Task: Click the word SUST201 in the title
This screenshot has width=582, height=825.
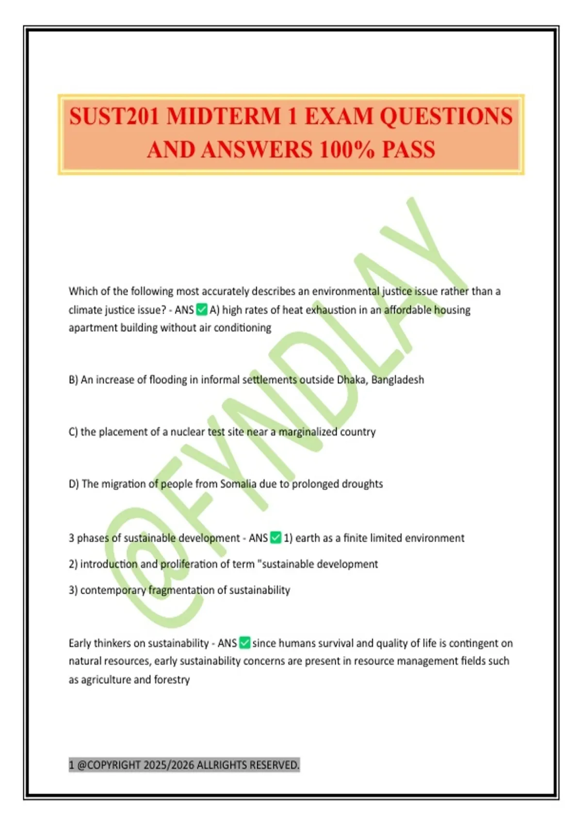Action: (114, 117)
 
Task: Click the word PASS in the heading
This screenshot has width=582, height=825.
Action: (408, 149)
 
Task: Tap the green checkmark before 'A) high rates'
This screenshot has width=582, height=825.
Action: (202, 310)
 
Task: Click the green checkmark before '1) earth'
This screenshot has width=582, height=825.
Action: (275, 538)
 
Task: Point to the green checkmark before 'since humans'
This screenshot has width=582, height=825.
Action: (244, 643)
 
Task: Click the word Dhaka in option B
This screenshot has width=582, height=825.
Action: (352, 379)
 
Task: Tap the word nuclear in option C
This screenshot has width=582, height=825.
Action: (188, 432)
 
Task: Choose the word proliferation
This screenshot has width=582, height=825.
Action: (188, 564)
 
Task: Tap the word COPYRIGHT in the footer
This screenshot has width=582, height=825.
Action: (114, 765)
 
